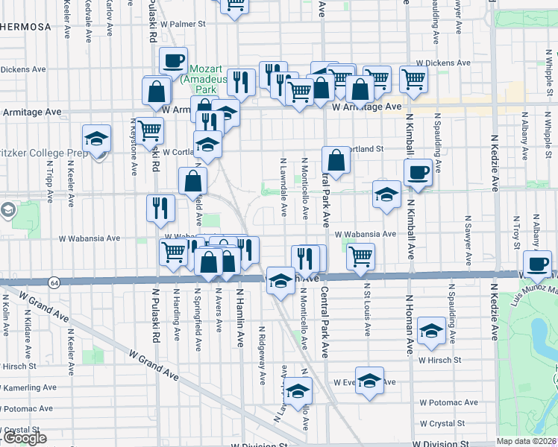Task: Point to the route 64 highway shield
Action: coord(54,283)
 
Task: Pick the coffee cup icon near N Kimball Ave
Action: coord(417,173)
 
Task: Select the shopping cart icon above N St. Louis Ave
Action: coord(361,256)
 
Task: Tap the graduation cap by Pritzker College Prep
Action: coord(95,139)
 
